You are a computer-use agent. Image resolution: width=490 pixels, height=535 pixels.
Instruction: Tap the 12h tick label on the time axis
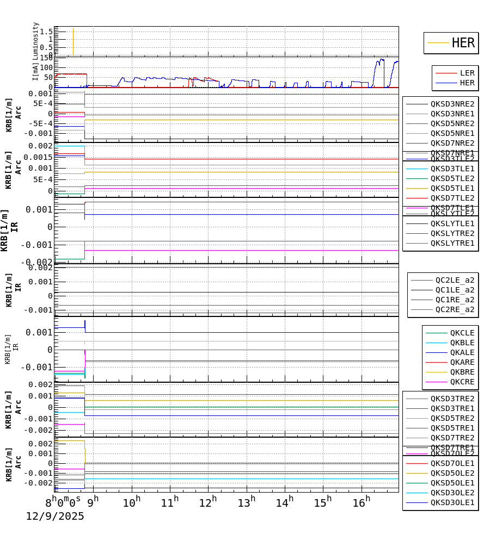(207, 501)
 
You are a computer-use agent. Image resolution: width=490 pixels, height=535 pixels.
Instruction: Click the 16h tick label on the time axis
(360, 501)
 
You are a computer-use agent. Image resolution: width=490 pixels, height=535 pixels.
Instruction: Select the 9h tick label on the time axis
(93, 501)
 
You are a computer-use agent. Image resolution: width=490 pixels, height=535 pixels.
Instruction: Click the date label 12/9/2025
(55, 516)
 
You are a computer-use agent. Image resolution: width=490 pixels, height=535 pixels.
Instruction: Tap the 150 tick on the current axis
(46, 59)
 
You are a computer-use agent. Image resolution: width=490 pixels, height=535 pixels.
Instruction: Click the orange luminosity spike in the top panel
(73, 41)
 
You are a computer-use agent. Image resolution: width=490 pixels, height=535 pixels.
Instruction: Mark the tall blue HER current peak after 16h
(381, 60)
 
